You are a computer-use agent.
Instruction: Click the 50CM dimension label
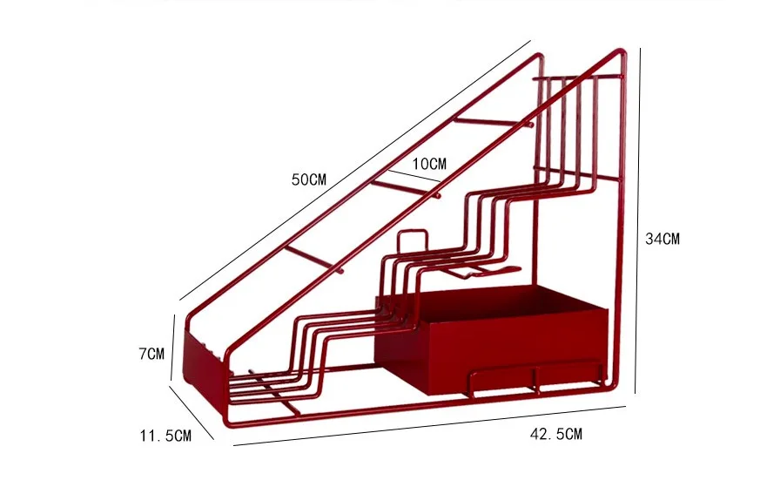(x=308, y=180)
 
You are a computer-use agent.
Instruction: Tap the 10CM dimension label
(x=428, y=164)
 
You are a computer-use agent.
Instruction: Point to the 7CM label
(x=151, y=354)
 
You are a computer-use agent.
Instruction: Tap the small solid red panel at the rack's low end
(x=201, y=352)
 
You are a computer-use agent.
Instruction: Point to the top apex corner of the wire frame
(x=622, y=51)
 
